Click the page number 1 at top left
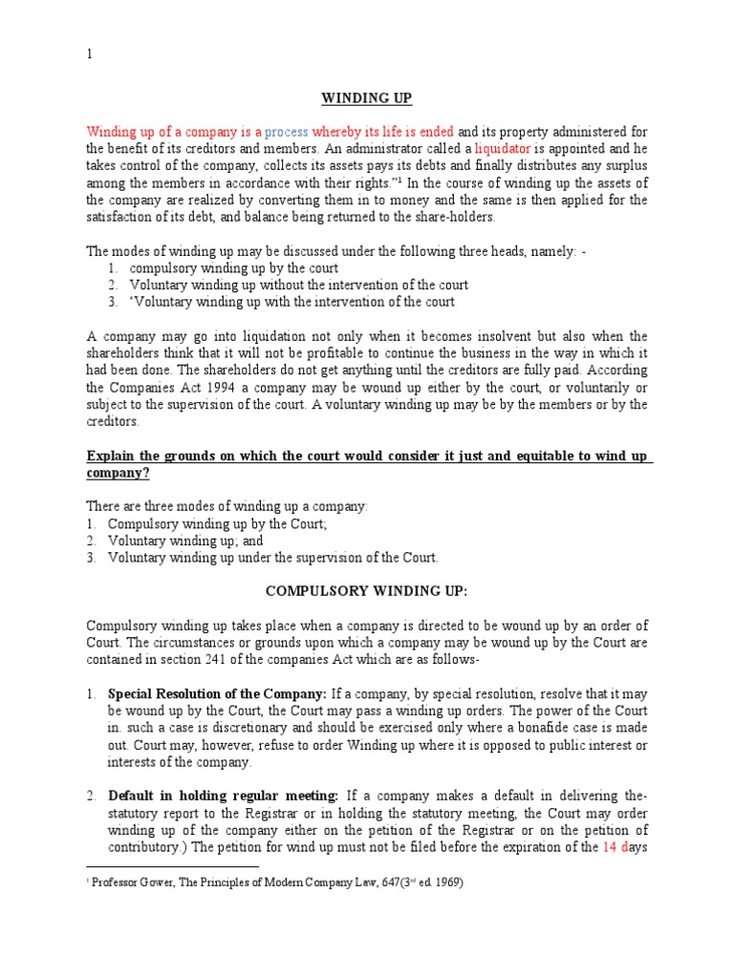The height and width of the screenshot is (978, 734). pyautogui.click(x=90, y=54)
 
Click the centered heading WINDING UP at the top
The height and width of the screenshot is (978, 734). pyautogui.click(x=367, y=98)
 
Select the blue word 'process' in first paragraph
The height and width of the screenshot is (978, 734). pyautogui.click(x=287, y=132)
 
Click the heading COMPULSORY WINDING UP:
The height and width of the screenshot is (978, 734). pyautogui.click(x=367, y=591)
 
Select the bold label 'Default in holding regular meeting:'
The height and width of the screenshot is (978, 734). pyautogui.click(x=224, y=796)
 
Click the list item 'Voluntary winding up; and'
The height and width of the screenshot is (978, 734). pyautogui.click(x=185, y=541)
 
